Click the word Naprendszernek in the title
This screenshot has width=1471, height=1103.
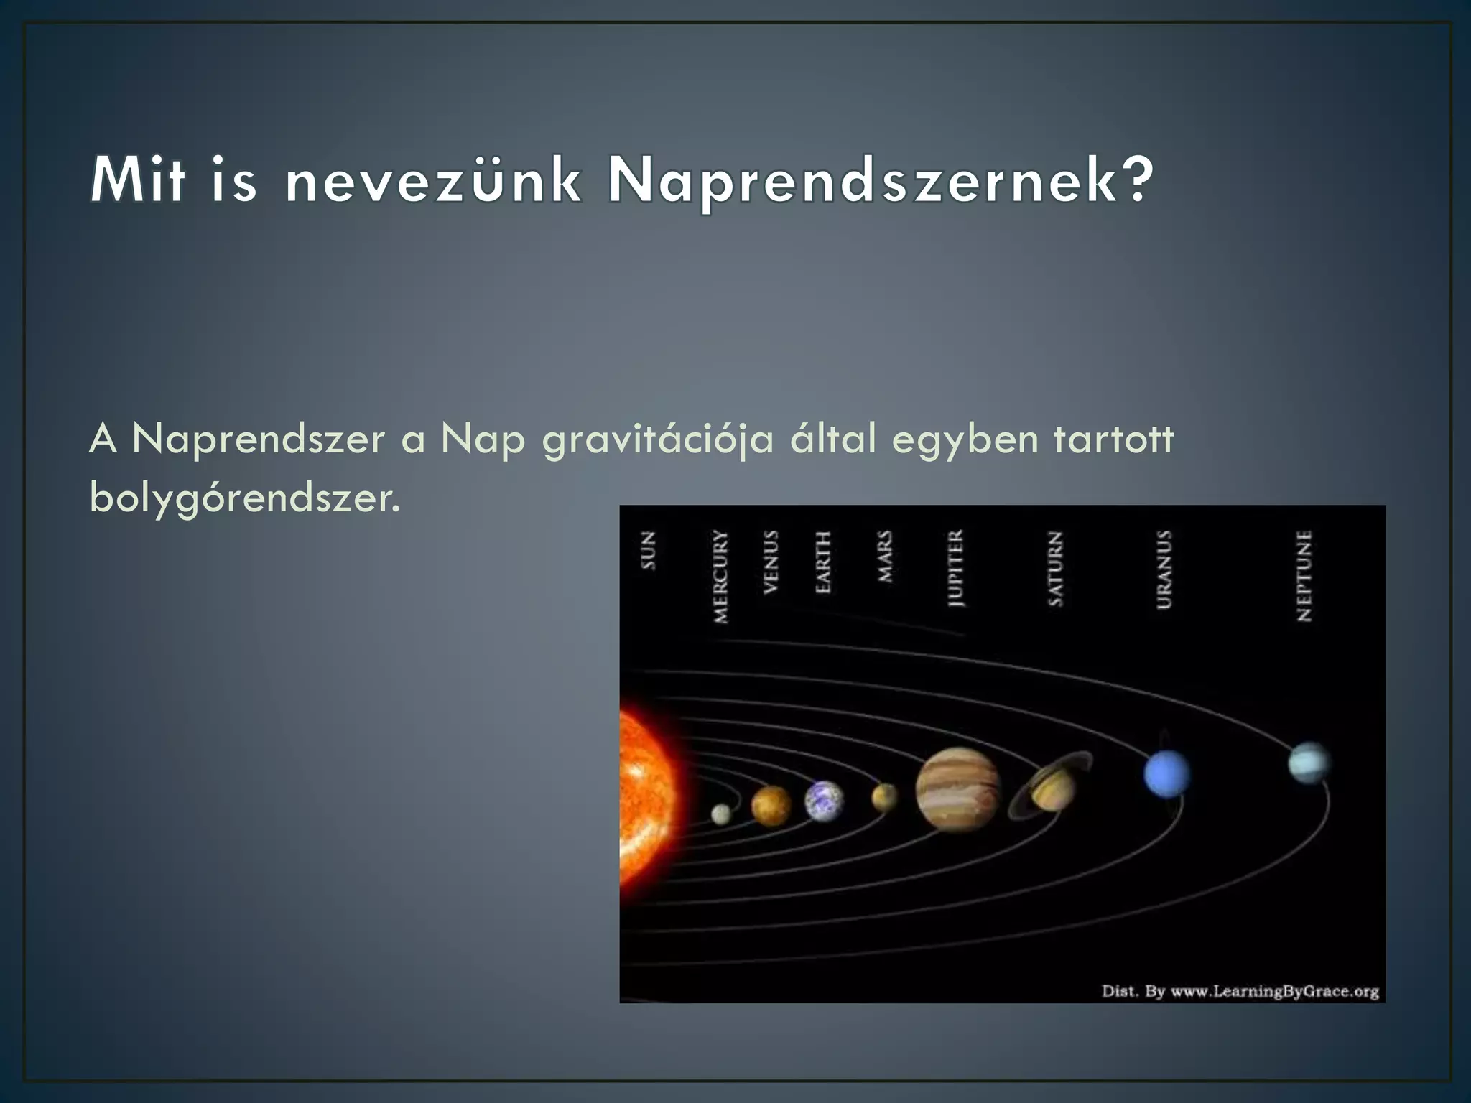(880, 181)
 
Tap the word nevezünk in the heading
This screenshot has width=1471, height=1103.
(433, 181)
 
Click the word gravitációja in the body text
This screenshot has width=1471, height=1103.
(658, 439)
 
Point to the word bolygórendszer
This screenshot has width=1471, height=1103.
(244, 497)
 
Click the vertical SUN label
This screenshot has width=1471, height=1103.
(648, 550)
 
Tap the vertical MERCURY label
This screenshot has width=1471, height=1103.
(720, 576)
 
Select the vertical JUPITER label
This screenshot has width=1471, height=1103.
(955, 568)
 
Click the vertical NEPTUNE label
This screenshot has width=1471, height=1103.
(1304, 576)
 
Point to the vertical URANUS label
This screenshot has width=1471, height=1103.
(1164, 569)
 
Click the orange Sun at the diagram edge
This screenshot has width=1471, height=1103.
(645, 797)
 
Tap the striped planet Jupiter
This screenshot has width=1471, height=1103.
(957, 788)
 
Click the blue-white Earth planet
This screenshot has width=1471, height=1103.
(823, 800)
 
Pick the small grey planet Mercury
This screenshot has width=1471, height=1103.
(720, 814)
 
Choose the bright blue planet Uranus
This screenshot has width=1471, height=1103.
(1166, 774)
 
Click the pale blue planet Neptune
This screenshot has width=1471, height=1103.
(1308, 763)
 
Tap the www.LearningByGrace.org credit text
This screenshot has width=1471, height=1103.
(1274, 992)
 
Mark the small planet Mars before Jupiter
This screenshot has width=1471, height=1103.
(884, 796)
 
